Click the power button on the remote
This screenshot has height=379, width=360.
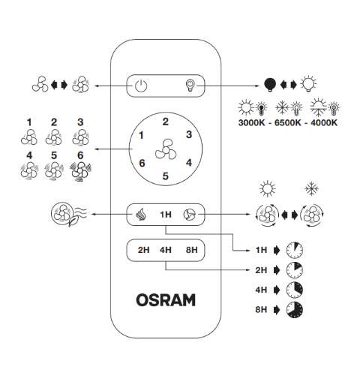140,85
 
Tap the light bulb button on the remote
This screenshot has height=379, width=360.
190,85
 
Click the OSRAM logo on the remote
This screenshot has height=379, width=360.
166,300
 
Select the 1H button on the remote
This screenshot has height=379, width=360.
166,215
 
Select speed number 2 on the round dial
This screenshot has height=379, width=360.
165,121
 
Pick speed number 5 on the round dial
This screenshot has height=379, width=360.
166,177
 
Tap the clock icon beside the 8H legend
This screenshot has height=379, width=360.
296,308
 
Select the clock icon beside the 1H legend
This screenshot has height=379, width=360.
296,248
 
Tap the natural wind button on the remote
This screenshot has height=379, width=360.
140,215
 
